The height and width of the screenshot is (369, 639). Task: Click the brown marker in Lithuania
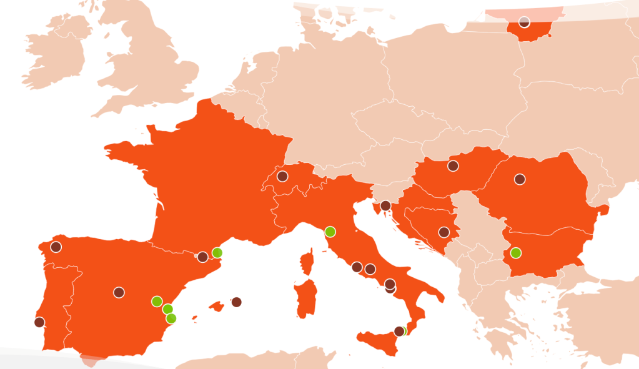[x=524, y=22]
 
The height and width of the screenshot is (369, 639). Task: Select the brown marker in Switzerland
[x=282, y=176]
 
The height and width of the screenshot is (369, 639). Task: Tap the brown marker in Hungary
[x=453, y=166]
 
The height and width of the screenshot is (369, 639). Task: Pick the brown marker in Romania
[x=520, y=179]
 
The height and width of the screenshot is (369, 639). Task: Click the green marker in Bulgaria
[x=515, y=253]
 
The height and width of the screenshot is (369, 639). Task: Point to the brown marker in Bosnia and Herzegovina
[x=443, y=232]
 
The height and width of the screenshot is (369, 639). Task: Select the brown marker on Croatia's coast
[x=385, y=205]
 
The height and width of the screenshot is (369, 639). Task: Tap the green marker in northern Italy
[x=330, y=232]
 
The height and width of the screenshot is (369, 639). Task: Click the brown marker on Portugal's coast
[x=39, y=322]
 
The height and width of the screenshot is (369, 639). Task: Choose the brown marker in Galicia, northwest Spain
[x=56, y=247]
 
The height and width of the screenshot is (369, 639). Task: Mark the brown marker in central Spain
[x=119, y=292]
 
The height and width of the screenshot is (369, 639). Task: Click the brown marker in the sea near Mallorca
[x=236, y=302]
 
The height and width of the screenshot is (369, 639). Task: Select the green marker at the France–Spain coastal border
[x=217, y=253]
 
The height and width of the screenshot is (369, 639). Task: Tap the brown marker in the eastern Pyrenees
[x=202, y=257]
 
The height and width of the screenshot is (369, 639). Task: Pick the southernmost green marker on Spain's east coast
[x=171, y=318]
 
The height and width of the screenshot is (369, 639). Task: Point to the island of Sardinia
[x=304, y=299]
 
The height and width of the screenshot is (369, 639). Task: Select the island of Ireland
[x=56, y=53]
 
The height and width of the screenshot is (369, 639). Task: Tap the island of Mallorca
[x=217, y=307]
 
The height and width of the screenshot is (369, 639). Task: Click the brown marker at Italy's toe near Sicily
[x=399, y=331]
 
